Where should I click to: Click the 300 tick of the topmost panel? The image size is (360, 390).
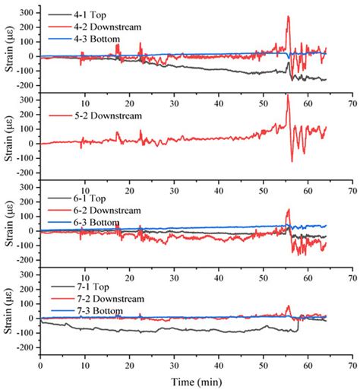click(x=25, y=13)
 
